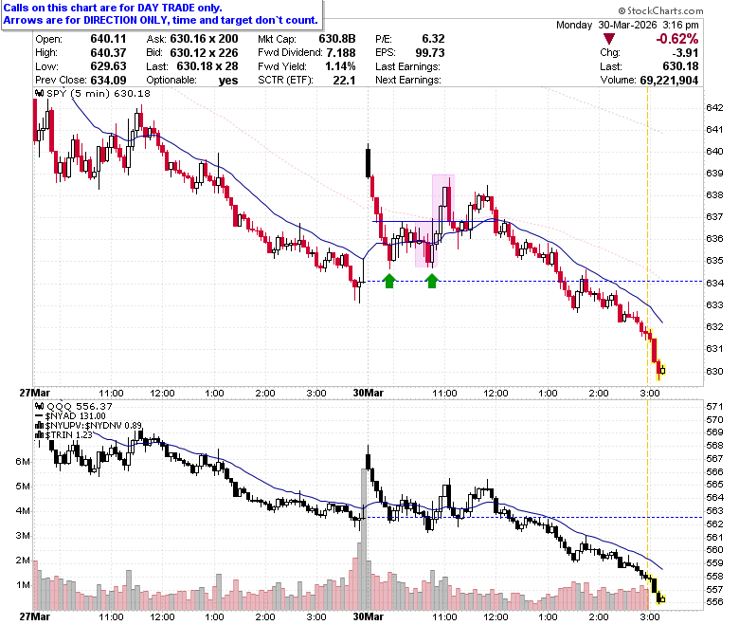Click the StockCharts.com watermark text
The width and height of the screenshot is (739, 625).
(660, 10)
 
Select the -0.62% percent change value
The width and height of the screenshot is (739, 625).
(676, 39)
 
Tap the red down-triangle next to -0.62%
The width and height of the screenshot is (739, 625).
(609, 39)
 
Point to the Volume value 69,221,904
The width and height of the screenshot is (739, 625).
(669, 81)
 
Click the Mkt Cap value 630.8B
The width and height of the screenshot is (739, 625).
(337, 39)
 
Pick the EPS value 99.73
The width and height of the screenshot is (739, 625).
(430, 52)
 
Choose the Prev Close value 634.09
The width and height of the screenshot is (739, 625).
(108, 81)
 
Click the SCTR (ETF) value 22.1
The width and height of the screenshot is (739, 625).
(344, 81)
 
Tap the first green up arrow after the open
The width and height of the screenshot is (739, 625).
(389, 281)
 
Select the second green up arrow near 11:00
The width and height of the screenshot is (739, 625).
(432, 281)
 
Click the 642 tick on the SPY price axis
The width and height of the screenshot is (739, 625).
(714, 107)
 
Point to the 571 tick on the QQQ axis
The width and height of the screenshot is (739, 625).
(714, 406)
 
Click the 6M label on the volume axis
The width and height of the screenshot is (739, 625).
(23, 461)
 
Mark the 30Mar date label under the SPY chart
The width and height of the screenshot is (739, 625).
(369, 393)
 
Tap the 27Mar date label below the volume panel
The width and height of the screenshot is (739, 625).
(34, 616)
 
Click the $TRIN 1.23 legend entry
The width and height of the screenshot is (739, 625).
(64, 434)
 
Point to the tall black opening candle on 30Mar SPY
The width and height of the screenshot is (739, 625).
(369, 162)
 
